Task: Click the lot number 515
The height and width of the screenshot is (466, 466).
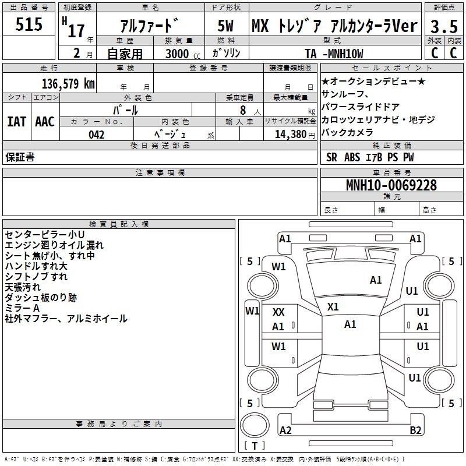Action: click(x=29, y=25)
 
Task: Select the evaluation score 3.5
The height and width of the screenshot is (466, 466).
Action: click(x=443, y=26)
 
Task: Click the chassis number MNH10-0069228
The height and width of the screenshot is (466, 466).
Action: click(x=391, y=185)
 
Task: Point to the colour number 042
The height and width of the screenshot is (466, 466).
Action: click(x=97, y=135)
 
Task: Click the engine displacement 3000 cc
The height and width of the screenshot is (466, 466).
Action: click(x=179, y=54)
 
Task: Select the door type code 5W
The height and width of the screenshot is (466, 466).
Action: click(x=226, y=26)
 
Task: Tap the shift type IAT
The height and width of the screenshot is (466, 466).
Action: click(x=16, y=122)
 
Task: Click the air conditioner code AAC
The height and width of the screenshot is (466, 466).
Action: click(x=44, y=122)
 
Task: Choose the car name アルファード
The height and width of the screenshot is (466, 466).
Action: click(x=150, y=26)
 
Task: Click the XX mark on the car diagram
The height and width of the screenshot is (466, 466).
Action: click(x=278, y=312)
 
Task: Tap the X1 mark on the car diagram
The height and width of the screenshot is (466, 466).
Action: click(x=333, y=306)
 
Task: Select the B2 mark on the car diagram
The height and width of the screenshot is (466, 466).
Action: click(x=415, y=430)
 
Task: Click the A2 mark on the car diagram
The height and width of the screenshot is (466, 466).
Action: click(x=285, y=430)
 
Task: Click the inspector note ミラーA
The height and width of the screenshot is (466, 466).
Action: click(x=22, y=308)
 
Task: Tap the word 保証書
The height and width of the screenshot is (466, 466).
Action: click(x=20, y=157)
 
